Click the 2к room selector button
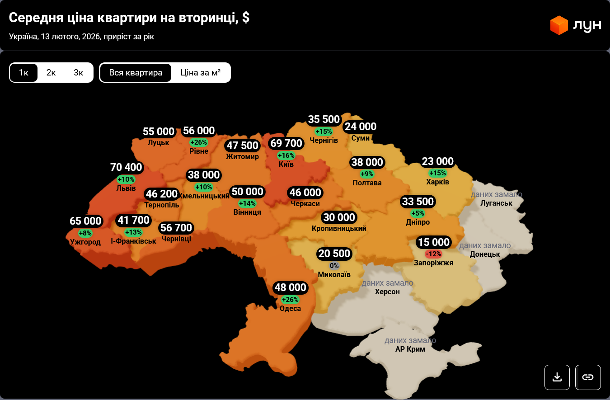coord(51,73)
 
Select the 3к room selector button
coord(79,73)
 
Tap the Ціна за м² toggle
coord(201,73)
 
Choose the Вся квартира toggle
coord(136,73)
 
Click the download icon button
coord(557,377)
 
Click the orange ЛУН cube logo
coord(559,25)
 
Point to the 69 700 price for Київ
coord(286,144)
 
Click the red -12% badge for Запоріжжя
coord(433,254)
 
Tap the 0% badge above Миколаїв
coord(334,266)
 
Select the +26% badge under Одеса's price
coord(290,300)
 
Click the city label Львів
coord(126,188)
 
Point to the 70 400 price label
coord(127,168)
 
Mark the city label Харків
coord(437,182)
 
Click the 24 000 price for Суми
coord(360,127)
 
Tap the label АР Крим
coord(410,349)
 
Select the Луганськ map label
coord(497,203)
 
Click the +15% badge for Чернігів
coord(324,132)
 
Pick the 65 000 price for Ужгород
coord(85,221)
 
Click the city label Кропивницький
coord(339,229)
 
